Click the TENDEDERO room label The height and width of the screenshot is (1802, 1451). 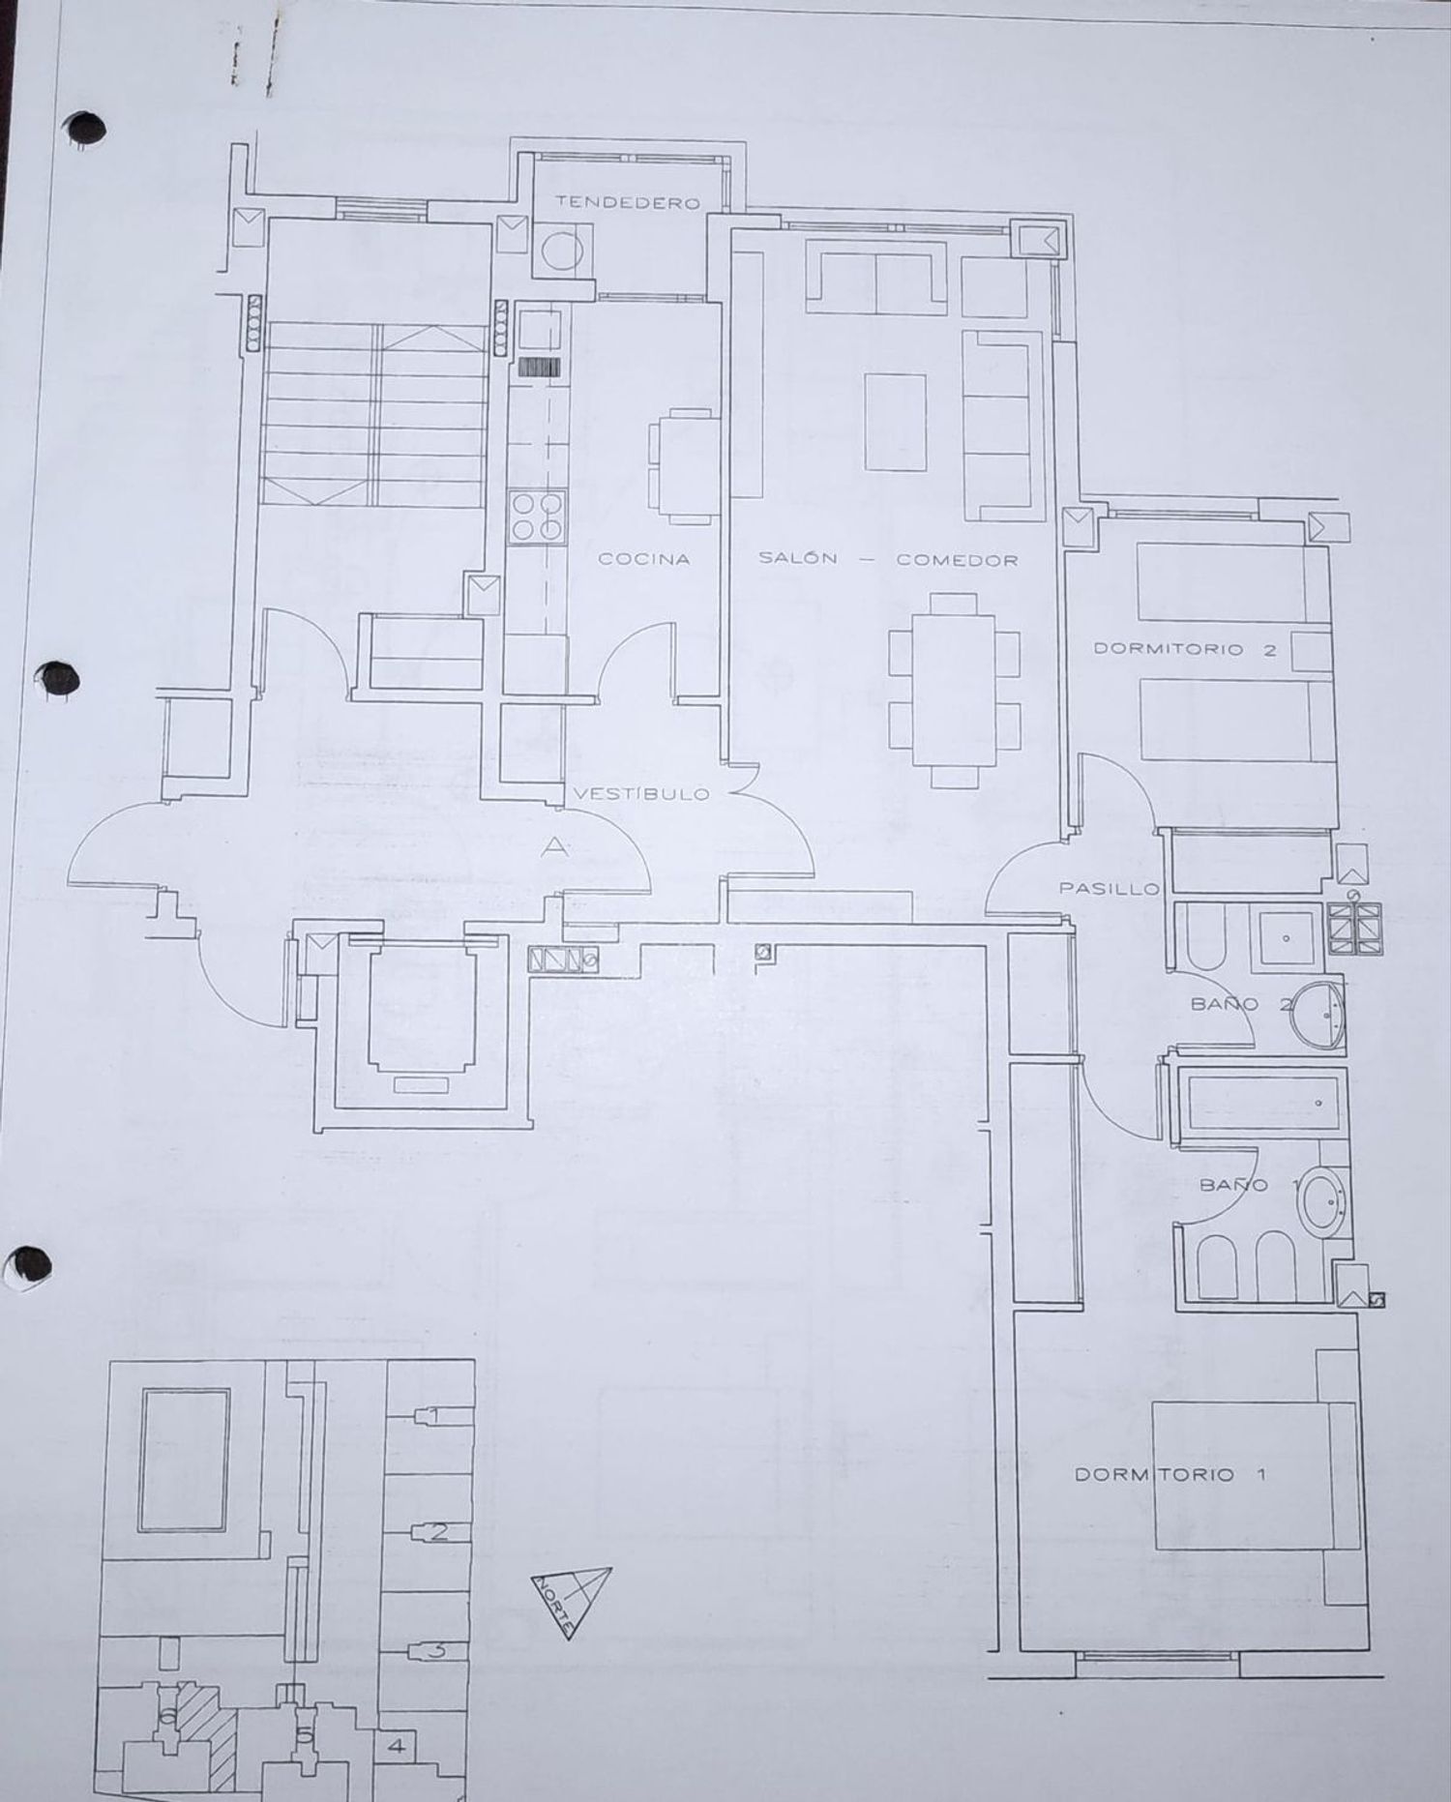click(x=627, y=203)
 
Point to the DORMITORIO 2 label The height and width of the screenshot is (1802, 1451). click(x=1184, y=650)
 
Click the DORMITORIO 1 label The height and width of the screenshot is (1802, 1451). click(x=1170, y=1474)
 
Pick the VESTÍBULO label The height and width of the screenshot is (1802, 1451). click(x=641, y=794)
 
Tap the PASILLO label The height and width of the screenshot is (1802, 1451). click(x=1109, y=887)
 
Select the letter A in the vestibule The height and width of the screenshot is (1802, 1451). click(x=553, y=847)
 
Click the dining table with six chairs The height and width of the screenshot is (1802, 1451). click(x=955, y=680)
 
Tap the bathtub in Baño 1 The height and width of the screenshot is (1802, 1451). click(x=1265, y=1101)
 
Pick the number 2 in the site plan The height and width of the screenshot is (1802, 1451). click(x=438, y=1532)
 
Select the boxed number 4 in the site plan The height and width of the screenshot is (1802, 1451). click(x=396, y=1747)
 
